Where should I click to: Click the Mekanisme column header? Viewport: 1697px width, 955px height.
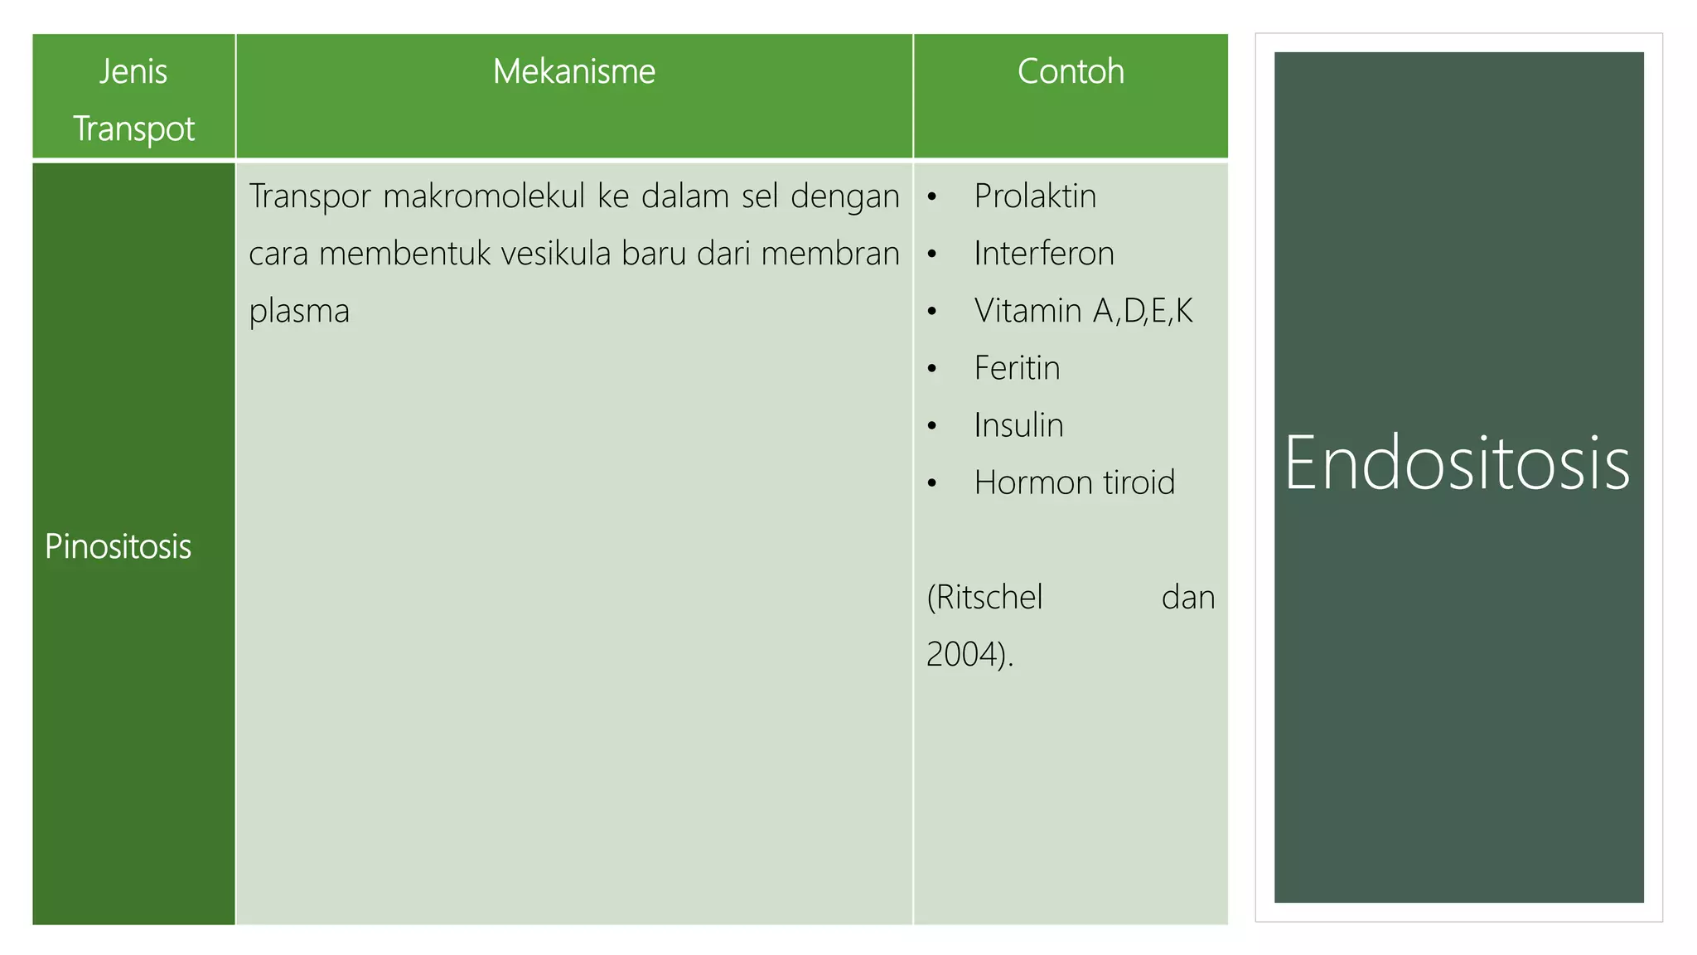pos(573,72)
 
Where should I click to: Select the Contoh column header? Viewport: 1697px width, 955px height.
pos(1071,72)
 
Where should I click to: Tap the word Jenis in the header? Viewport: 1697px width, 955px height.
pos(133,72)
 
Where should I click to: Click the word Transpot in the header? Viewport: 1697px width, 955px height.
pos(133,129)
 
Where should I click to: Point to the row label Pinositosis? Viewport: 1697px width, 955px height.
pos(118,547)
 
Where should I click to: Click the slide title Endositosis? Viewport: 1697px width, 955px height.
pos(1458,464)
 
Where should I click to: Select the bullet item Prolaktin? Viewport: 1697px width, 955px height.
pos(1035,196)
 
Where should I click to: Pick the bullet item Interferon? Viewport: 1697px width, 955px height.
pos(1044,254)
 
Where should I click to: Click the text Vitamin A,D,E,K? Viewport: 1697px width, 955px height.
pos(1083,311)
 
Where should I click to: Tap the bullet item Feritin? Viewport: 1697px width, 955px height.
pos(1017,368)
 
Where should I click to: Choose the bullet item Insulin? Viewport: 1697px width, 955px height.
pos(1018,425)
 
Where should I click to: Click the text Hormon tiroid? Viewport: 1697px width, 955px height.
pos(1074,482)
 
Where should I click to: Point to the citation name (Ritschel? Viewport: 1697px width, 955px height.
pos(984,598)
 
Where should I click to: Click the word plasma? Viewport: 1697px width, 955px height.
pos(299,312)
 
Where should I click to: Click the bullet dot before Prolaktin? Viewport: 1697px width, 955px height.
pos(932,197)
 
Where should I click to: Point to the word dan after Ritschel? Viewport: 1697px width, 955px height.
pos(1187,598)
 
